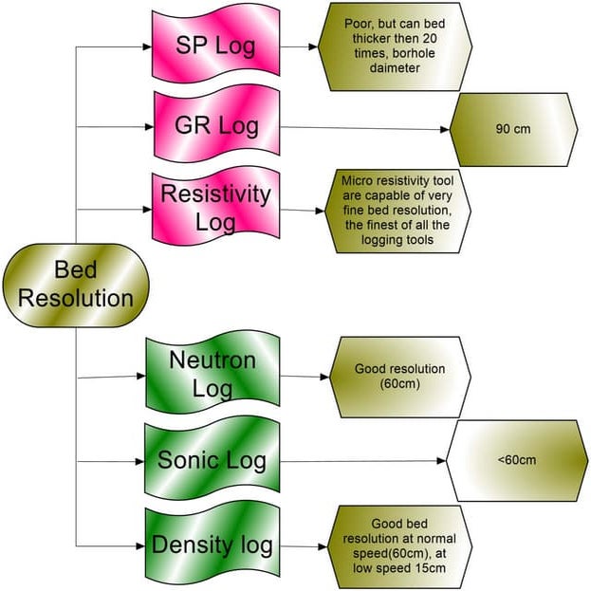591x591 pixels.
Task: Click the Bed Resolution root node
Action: coord(76,285)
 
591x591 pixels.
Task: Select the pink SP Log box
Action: coord(215,46)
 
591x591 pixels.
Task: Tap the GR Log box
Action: coord(216,125)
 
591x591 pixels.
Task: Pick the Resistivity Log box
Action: coord(215,208)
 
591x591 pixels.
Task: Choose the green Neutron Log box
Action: coord(212,373)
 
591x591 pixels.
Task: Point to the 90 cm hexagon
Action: coord(513,129)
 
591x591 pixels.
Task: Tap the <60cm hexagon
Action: coord(517,460)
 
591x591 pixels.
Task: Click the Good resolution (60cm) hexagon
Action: coord(400,377)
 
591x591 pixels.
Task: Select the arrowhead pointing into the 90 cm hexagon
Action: coord(445,129)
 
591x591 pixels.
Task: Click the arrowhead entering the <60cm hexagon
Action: coord(441,461)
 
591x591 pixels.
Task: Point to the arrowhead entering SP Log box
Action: coord(147,46)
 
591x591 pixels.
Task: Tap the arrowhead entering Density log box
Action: coord(140,545)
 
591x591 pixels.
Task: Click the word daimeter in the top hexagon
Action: coord(395,68)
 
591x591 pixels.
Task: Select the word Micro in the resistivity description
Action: coord(357,180)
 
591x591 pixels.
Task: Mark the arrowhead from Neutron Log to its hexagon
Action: coord(324,377)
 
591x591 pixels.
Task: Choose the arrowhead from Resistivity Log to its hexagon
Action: coord(320,211)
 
